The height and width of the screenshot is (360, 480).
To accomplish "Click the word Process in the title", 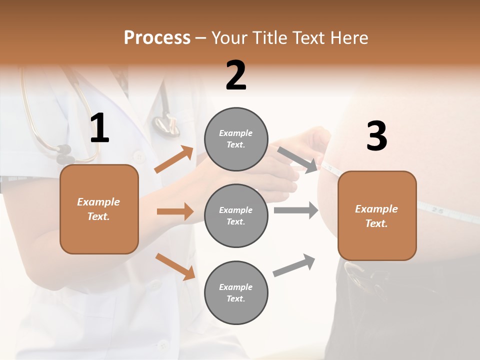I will [157, 37].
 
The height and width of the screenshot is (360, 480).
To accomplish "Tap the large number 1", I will [99, 128].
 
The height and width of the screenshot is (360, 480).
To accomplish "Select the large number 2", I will [236, 75].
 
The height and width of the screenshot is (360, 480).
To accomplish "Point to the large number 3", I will [376, 136].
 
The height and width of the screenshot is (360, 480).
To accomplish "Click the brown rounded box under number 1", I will [99, 209].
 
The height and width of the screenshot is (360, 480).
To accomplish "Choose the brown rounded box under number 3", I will [377, 215].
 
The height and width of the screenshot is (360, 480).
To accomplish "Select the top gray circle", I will [236, 139].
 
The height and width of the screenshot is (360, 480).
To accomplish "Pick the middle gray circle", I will [236, 215].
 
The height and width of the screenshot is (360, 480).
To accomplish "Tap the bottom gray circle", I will [236, 292].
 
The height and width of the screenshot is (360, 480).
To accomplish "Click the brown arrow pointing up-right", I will [174, 159].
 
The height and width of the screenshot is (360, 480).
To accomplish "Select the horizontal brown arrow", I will [175, 211].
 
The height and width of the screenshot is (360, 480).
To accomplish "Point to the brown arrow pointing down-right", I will [175, 266].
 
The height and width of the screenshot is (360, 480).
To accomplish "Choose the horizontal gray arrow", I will [296, 210].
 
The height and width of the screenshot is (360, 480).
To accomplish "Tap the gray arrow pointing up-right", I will [294, 265].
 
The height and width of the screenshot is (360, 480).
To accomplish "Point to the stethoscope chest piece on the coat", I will [165, 124].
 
